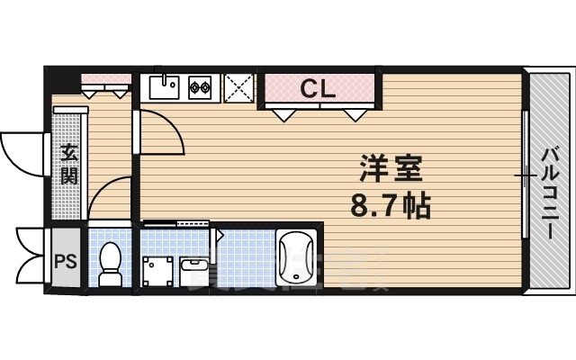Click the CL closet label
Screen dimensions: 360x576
click(x=318, y=88)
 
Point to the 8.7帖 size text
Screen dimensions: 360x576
click(x=390, y=208)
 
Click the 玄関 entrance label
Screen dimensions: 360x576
click(x=68, y=164)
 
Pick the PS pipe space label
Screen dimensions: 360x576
click(x=65, y=262)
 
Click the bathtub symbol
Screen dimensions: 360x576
click(x=295, y=261)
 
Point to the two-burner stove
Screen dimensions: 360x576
click(x=200, y=87)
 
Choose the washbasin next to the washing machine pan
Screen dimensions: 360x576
click(x=194, y=266)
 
